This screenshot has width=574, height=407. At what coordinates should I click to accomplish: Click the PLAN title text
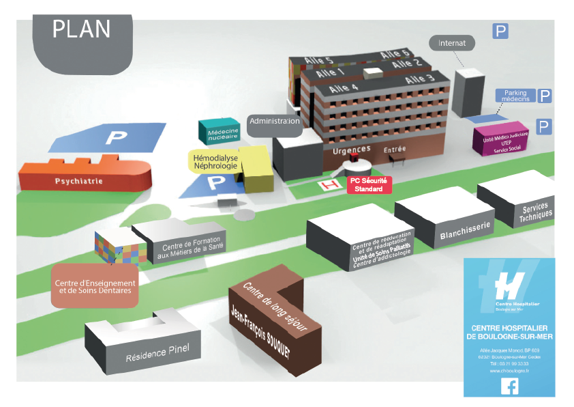point(81,29)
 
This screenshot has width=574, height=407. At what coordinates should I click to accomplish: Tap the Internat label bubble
point(452,43)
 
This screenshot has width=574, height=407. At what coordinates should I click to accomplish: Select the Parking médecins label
point(515,96)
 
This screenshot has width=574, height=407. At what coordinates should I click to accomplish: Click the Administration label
point(274,122)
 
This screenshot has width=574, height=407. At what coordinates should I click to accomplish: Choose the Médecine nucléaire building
point(219,132)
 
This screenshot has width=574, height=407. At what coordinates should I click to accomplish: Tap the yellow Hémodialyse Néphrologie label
point(215,161)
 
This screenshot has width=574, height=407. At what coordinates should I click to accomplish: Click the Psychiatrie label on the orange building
point(78,182)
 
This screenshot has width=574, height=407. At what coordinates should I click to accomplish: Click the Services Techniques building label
point(535,212)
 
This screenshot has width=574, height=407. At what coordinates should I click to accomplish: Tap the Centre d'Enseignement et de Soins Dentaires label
point(95,286)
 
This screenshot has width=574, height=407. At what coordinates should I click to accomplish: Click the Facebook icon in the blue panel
point(509,387)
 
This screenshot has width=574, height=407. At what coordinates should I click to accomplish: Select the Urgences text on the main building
point(351,149)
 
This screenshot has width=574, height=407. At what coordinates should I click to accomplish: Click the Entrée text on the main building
point(395,150)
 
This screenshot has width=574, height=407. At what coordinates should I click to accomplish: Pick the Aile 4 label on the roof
point(344,88)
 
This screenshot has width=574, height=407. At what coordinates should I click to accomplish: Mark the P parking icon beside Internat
point(501,31)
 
